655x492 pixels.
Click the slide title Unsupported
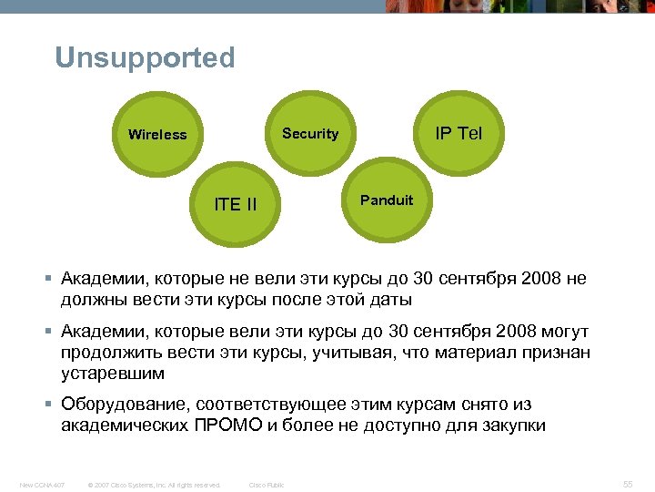tap(145, 58)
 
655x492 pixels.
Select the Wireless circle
tap(157, 135)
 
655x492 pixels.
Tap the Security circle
tap(309, 134)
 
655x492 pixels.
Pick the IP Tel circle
tap(458, 134)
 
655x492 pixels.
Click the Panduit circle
tap(387, 200)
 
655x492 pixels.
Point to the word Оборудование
tap(123, 404)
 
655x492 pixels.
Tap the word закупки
tap(513, 425)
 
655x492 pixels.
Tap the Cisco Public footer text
tap(267, 485)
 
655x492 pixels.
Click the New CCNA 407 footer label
tap(42, 485)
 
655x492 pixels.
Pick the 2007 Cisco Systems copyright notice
tap(153, 485)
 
